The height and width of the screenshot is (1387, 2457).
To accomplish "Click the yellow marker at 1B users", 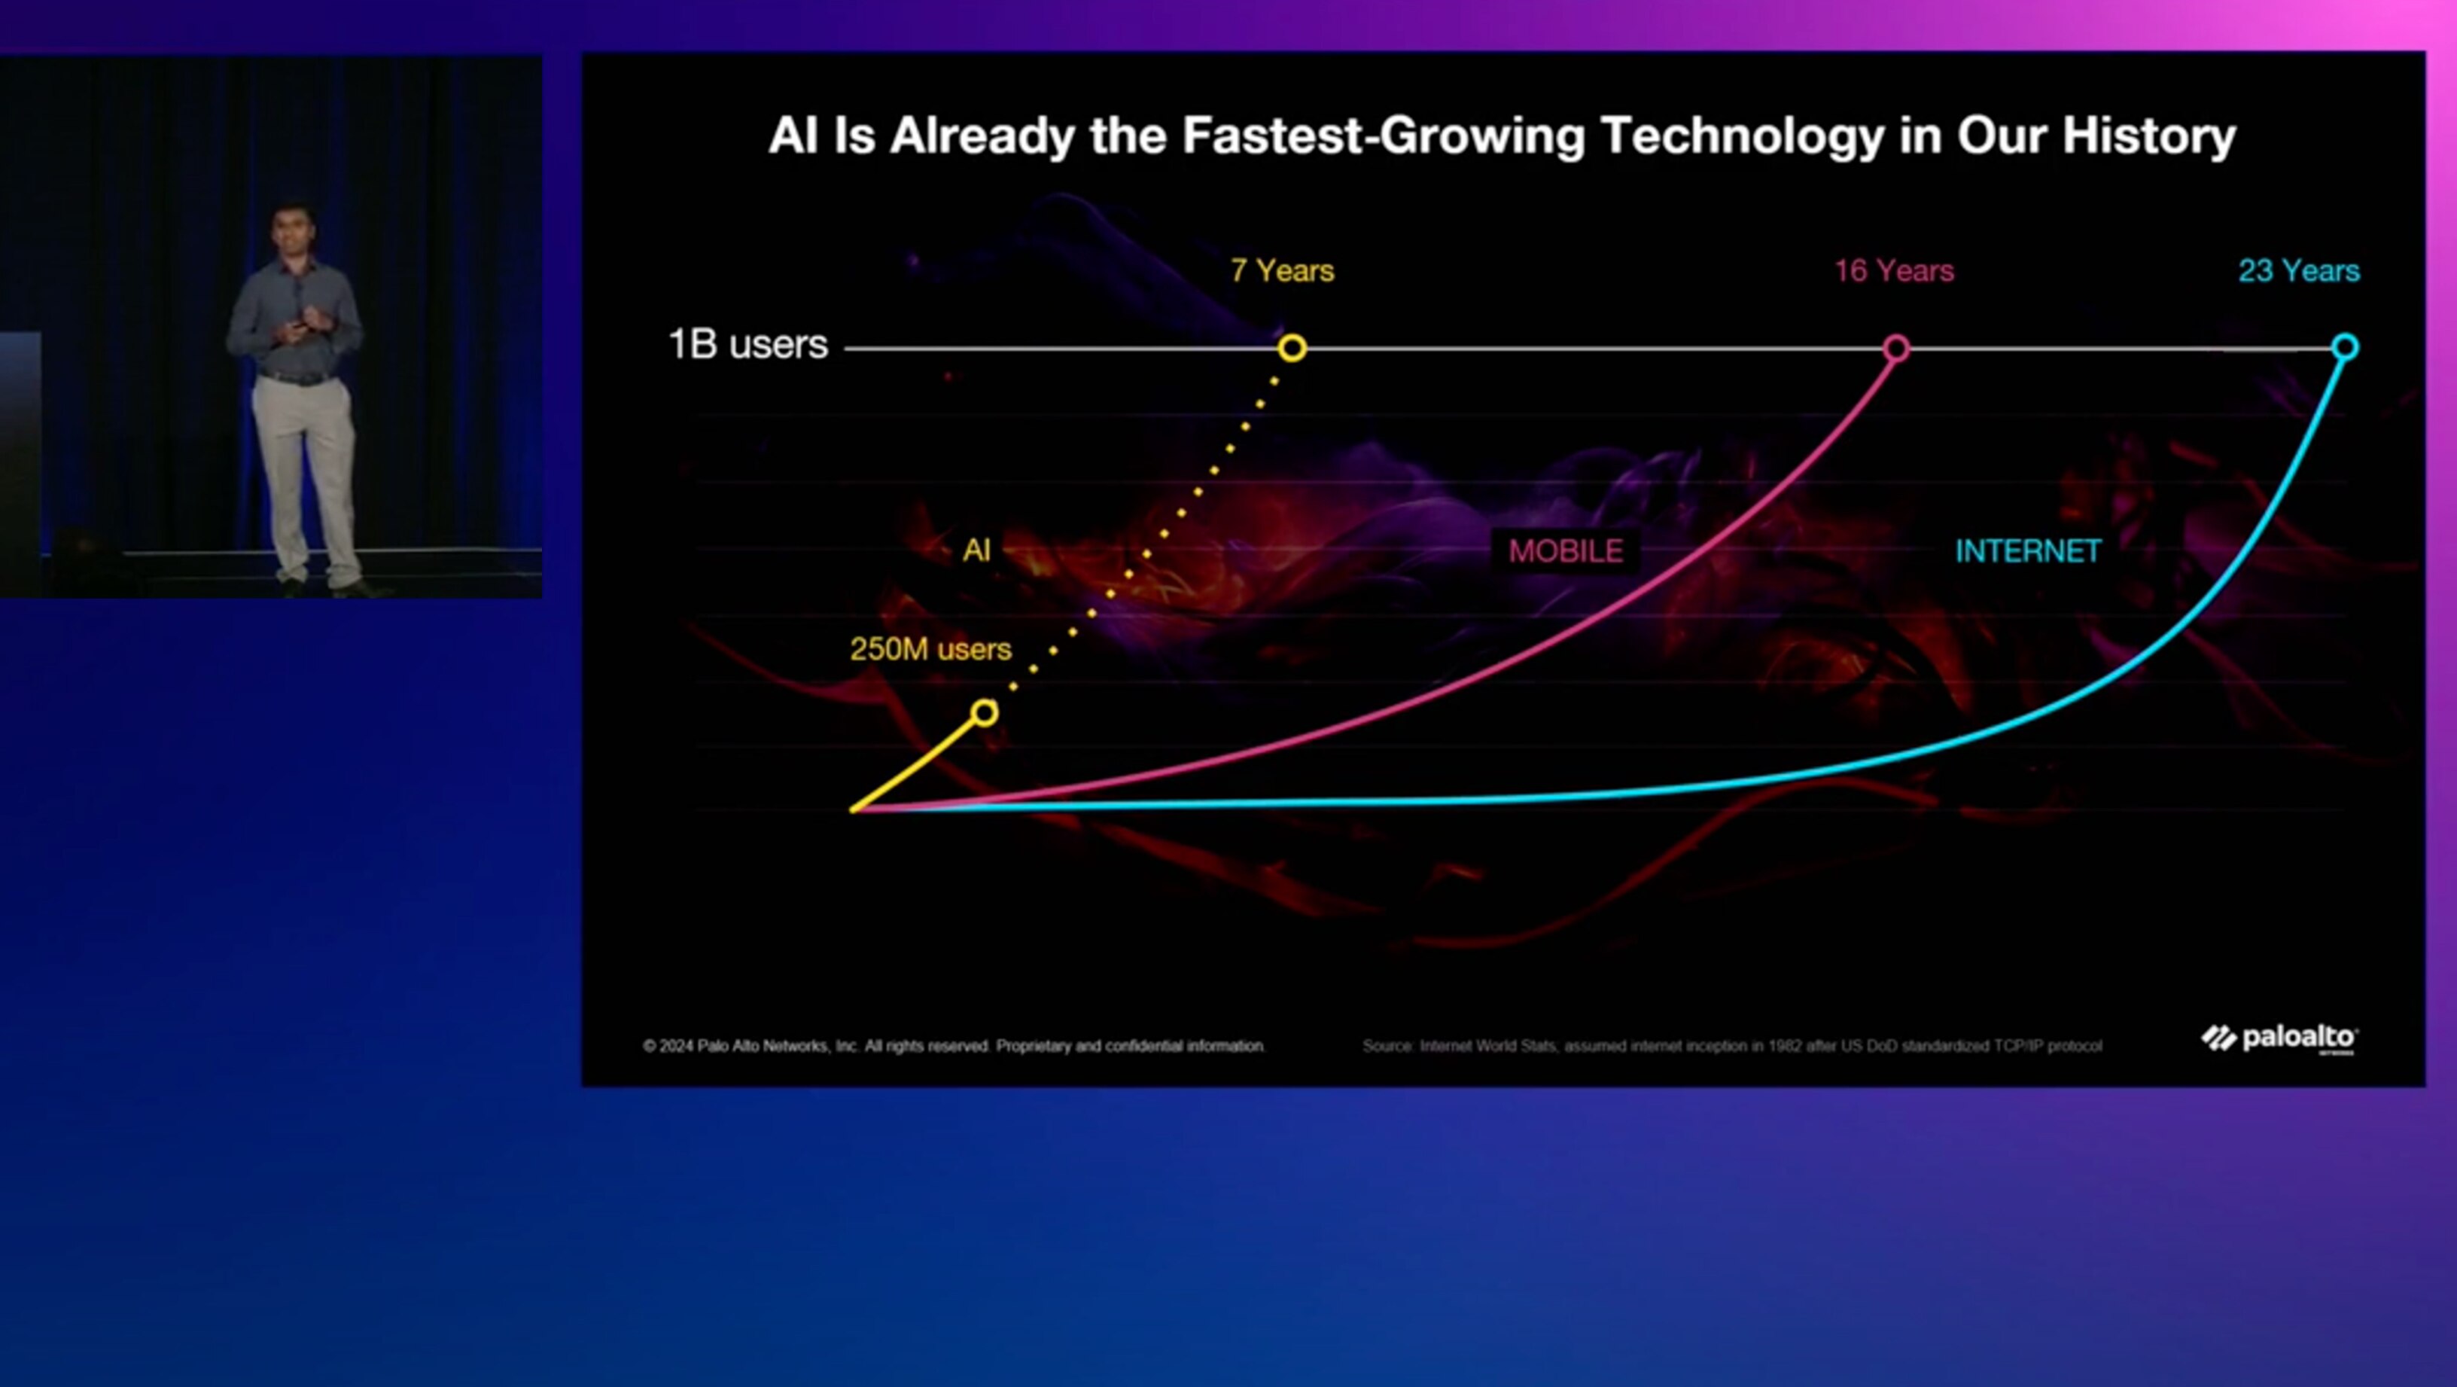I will (1292, 348).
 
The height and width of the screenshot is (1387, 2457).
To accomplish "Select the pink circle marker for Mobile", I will (1896, 348).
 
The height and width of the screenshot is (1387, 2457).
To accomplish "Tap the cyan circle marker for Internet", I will (2346, 347).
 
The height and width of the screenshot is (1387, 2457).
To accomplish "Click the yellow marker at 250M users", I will (985, 712).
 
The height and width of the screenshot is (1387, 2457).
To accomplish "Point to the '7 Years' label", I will (1282, 271).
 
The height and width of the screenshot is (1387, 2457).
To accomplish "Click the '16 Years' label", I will (1894, 271).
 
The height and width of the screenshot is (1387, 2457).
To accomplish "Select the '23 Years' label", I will (2299, 271).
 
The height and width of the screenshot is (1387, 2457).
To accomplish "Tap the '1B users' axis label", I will (747, 344).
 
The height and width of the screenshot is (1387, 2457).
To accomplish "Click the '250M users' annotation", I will (930, 650).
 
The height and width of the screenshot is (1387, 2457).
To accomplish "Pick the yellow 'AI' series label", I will (976, 550).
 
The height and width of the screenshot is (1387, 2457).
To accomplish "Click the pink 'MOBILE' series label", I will (1565, 551).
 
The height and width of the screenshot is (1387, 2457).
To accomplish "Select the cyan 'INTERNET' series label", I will (2028, 551).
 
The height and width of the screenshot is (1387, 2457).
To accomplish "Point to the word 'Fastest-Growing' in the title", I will (1383, 136).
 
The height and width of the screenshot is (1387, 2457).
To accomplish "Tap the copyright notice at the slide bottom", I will (954, 1047).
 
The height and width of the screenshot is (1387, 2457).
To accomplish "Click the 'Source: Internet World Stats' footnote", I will (1732, 1047).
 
